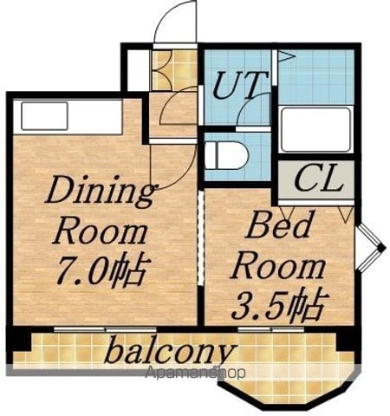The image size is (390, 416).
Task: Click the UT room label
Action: coord(240,84)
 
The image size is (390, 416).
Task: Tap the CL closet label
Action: coord(319,179)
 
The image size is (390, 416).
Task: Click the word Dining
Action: coord(100,192)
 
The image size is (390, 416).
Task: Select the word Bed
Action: coord(278,225)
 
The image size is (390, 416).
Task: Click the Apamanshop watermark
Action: coord(195,373)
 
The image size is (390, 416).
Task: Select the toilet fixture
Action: coord(226,155)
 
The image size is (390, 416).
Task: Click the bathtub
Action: coord(316,129)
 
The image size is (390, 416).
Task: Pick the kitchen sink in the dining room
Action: coord(44,116)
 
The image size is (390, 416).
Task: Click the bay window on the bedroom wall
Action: coord(371,248)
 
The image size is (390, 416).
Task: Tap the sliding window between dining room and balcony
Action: coord(105,329)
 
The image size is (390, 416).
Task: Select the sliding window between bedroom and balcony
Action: coord(271,329)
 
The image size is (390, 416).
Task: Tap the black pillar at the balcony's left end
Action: coord(19,340)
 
